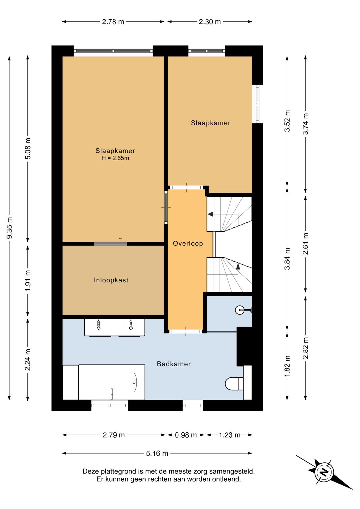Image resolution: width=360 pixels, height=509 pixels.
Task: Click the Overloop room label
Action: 188,243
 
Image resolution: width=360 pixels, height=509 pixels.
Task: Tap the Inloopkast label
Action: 111,280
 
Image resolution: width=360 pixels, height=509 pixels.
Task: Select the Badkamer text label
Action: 174,364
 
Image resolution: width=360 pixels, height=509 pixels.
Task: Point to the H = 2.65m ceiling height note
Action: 115,158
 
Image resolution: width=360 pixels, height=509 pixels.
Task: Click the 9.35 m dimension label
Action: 10,228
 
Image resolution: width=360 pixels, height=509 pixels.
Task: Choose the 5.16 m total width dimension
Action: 157,453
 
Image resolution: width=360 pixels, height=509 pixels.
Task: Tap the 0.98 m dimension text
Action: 186,435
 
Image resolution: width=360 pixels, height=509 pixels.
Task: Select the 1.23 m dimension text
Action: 229,435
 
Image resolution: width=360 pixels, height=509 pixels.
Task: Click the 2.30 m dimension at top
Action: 210,22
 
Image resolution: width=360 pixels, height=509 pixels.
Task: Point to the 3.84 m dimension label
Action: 288,259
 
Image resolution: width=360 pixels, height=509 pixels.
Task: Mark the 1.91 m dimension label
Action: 28,281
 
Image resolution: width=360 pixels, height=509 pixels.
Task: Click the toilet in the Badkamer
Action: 234,384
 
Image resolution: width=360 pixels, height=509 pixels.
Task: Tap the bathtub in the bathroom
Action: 112,382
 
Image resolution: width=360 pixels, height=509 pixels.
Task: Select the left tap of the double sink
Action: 98,325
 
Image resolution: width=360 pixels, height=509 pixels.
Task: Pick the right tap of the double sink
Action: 131,325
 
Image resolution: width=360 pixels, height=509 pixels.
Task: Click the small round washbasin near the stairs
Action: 240,310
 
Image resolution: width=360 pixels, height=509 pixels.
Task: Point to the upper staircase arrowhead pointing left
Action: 210,214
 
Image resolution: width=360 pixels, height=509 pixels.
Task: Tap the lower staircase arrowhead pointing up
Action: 238,266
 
